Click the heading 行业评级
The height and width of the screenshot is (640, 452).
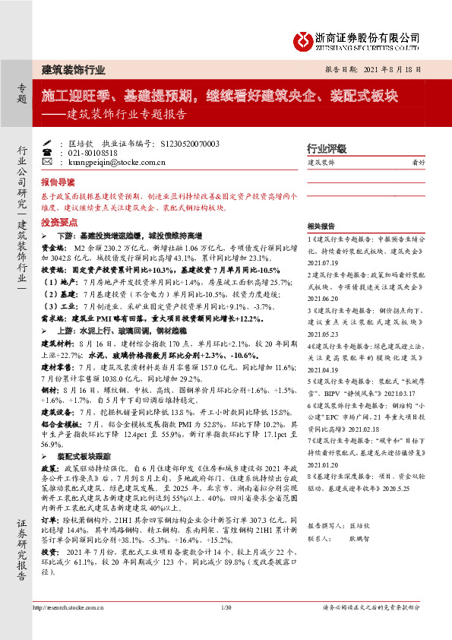click(327, 148)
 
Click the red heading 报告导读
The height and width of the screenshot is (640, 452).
click(58, 183)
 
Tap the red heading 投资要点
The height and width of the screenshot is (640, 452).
click(58, 223)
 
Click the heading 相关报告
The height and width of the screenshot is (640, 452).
click(320, 226)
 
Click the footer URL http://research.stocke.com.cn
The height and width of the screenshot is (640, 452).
click(66, 627)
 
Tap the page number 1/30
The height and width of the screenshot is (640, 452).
click(226, 627)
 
